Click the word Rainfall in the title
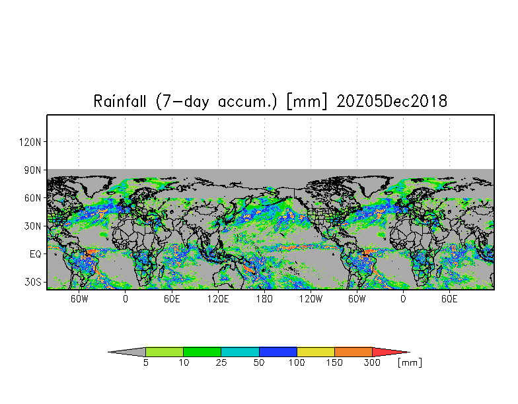(x=120, y=101)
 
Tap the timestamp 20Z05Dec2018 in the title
(x=392, y=101)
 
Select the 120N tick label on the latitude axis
(x=30, y=143)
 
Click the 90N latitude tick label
(x=33, y=170)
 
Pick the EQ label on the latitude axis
(x=36, y=254)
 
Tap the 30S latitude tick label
(x=33, y=283)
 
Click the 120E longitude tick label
(x=218, y=299)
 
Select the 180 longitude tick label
(x=264, y=299)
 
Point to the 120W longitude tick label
(x=311, y=299)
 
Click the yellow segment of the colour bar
(x=316, y=352)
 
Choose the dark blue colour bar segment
(x=277, y=352)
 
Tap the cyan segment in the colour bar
(x=240, y=352)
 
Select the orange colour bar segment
(x=353, y=352)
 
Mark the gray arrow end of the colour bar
(x=129, y=352)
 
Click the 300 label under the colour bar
(x=373, y=363)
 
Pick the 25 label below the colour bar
(x=221, y=363)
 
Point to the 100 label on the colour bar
(x=297, y=363)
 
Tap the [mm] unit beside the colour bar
(x=410, y=363)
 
